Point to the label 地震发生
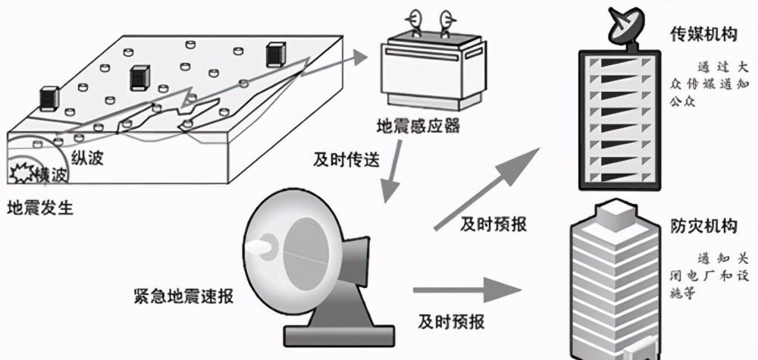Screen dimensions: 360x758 (x=40, y=208)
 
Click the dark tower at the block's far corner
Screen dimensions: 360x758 (x=275, y=55)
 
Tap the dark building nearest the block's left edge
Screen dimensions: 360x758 (x=49, y=99)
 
